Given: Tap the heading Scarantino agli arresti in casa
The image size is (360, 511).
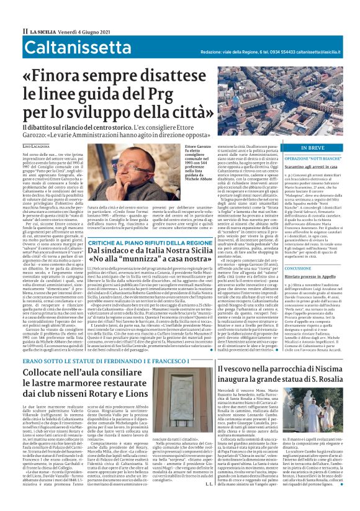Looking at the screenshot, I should [x=297, y=167].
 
